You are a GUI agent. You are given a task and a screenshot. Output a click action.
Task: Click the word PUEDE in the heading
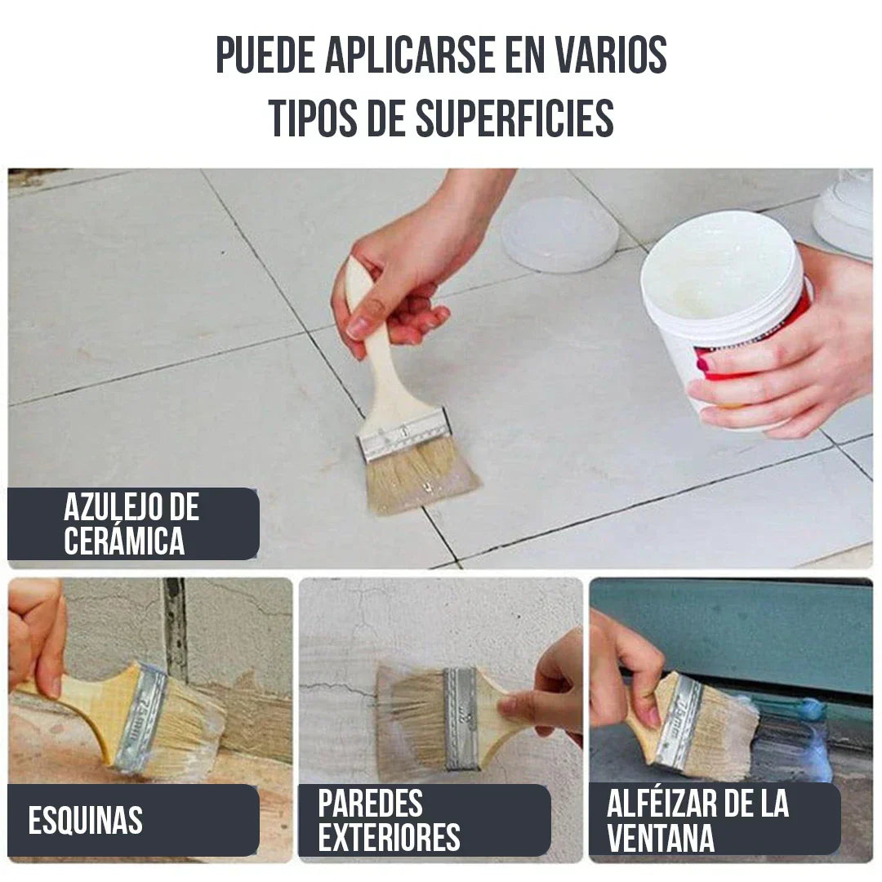point(265,56)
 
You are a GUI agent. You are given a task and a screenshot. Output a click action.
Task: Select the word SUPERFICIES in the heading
point(514,119)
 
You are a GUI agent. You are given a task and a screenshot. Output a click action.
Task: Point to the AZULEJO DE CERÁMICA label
point(131,524)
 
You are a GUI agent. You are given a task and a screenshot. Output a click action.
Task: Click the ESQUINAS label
point(86,821)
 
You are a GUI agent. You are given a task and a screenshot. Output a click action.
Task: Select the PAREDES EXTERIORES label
point(389,821)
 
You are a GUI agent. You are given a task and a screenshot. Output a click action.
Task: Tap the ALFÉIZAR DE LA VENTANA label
point(697,821)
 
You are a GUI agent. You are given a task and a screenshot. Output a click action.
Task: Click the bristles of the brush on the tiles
point(421,478)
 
